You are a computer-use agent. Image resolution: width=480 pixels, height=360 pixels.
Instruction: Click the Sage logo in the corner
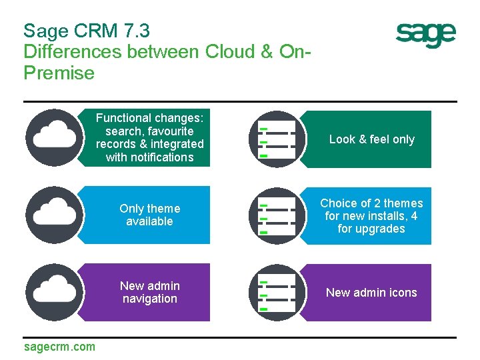(x=425, y=35)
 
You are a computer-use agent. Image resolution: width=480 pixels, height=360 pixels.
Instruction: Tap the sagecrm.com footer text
(x=59, y=346)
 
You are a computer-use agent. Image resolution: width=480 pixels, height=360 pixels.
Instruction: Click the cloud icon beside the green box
(x=55, y=137)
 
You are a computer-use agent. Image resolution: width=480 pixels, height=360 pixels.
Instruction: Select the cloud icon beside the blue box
(x=55, y=215)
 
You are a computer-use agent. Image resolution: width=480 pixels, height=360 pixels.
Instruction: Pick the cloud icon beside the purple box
(x=55, y=292)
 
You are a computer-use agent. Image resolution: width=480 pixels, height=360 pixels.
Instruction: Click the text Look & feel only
(x=371, y=139)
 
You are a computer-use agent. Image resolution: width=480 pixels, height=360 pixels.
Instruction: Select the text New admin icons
(x=371, y=293)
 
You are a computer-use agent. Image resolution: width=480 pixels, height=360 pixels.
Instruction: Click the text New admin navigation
(x=150, y=292)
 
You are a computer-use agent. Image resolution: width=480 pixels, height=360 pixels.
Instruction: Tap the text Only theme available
(x=150, y=215)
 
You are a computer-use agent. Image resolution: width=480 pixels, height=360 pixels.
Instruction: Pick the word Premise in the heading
(x=59, y=73)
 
